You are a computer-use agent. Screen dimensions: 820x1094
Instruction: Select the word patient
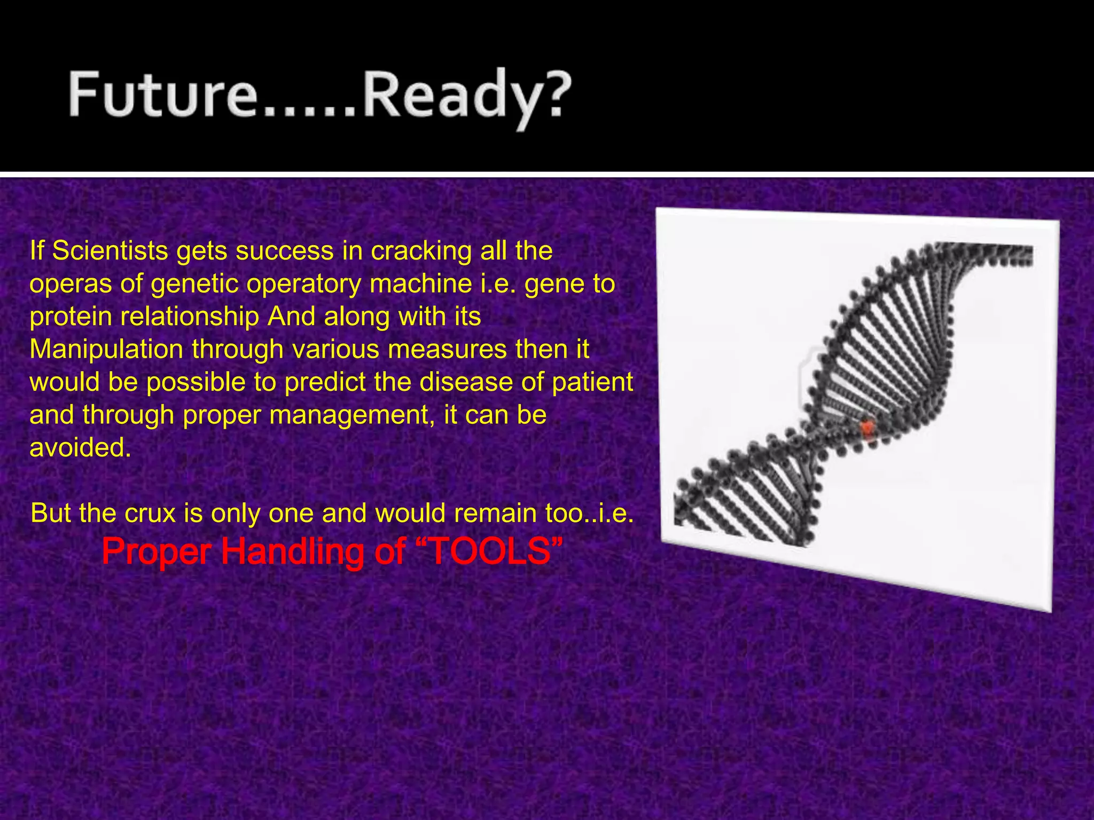pyautogui.click(x=592, y=382)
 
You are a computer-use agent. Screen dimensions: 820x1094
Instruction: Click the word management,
pyautogui.click(x=352, y=415)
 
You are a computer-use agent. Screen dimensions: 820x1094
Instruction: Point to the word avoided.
pyautogui.click(x=80, y=447)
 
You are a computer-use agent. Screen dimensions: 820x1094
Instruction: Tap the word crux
pyautogui.click(x=150, y=513)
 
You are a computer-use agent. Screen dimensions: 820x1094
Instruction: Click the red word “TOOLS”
pyautogui.click(x=489, y=551)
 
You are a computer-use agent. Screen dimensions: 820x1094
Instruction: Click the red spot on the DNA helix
pyautogui.click(x=868, y=429)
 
